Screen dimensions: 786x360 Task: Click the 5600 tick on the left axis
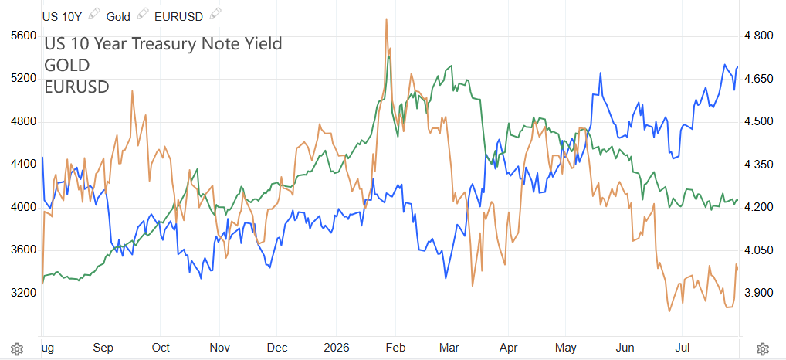point(23,36)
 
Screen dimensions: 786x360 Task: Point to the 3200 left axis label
point(23,294)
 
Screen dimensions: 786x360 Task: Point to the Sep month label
point(103,348)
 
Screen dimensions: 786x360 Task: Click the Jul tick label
point(682,348)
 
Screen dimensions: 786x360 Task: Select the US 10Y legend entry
point(61,16)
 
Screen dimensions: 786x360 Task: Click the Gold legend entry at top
point(118,16)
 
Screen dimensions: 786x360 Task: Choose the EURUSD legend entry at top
point(178,16)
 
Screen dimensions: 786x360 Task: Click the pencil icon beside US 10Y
point(93,14)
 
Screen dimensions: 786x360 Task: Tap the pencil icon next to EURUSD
point(215,14)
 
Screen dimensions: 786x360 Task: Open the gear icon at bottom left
point(16,348)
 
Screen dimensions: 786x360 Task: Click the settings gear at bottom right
point(762,348)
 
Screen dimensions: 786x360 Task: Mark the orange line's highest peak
point(387,19)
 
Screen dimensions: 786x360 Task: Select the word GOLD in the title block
point(67,65)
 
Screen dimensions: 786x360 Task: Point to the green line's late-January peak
point(388,56)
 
